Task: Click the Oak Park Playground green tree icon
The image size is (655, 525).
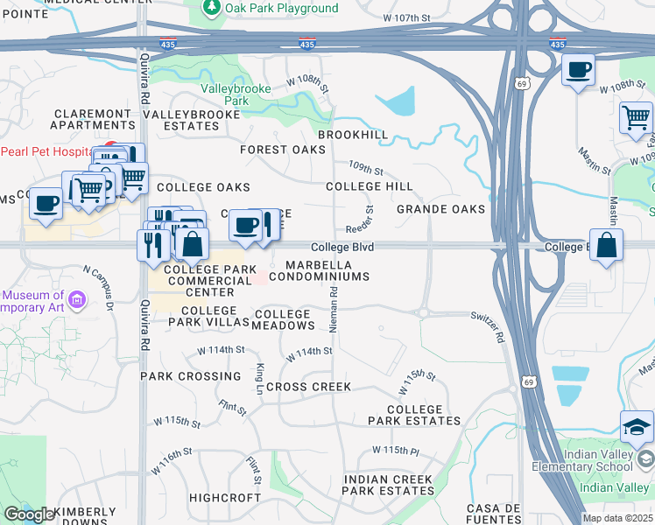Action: pyautogui.click(x=211, y=8)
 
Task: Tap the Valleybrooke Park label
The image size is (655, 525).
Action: pyautogui.click(x=231, y=94)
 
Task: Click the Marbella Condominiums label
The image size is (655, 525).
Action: pyautogui.click(x=319, y=270)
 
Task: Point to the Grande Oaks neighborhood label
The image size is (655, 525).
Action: pyautogui.click(x=440, y=209)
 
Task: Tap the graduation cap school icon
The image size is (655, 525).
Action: pyautogui.click(x=637, y=426)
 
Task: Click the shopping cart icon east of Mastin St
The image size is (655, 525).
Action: pyautogui.click(x=635, y=117)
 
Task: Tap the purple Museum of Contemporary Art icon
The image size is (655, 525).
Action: pyautogui.click(x=76, y=300)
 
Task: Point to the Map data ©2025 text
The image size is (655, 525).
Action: pyautogui.click(x=617, y=518)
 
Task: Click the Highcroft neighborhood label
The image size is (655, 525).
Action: pyautogui.click(x=225, y=497)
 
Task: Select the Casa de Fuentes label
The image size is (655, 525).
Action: pyautogui.click(x=495, y=514)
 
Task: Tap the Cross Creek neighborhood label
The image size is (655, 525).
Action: pyautogui.click(x=308, y=387)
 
